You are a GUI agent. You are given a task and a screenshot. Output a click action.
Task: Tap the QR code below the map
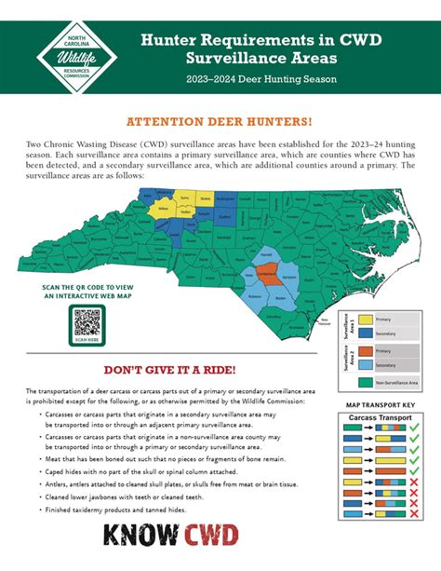86,323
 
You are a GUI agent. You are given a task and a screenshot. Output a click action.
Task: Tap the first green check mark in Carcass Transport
414,435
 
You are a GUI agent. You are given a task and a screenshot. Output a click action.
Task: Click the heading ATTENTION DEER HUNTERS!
220,122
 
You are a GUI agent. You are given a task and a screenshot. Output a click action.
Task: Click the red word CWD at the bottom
212,537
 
